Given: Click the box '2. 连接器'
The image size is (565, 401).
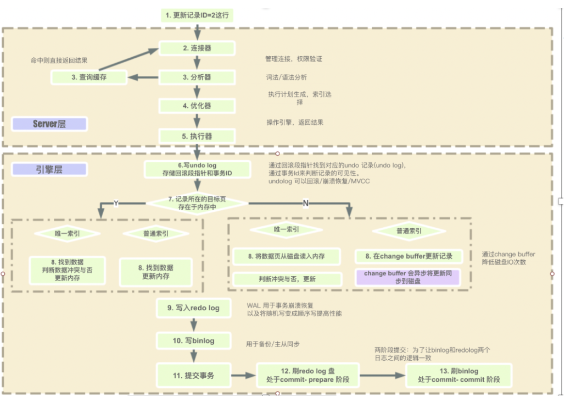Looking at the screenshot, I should (197, 48).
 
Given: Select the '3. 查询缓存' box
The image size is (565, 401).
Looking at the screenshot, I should (89, 78).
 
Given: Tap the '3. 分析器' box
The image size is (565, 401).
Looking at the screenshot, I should (197, 78).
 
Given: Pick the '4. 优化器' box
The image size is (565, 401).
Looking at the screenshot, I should (197, 106).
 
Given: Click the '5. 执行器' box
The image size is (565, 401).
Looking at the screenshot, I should (197, 136).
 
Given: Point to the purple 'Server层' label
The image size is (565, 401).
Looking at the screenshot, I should (49, 124).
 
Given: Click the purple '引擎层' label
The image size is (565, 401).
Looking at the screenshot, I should (49, 169).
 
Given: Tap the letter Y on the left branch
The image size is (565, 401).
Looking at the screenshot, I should (116, 203).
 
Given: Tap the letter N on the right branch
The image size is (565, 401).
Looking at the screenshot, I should (306, 203).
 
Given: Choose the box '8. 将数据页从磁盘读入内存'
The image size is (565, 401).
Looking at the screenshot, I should (286, 256).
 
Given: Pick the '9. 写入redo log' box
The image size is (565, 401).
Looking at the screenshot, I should (193, 308).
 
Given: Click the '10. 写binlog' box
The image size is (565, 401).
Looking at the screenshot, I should (193, 341).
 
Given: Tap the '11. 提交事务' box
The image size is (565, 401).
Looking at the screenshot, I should (193, 376).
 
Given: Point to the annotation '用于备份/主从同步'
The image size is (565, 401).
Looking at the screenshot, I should (273, 344).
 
